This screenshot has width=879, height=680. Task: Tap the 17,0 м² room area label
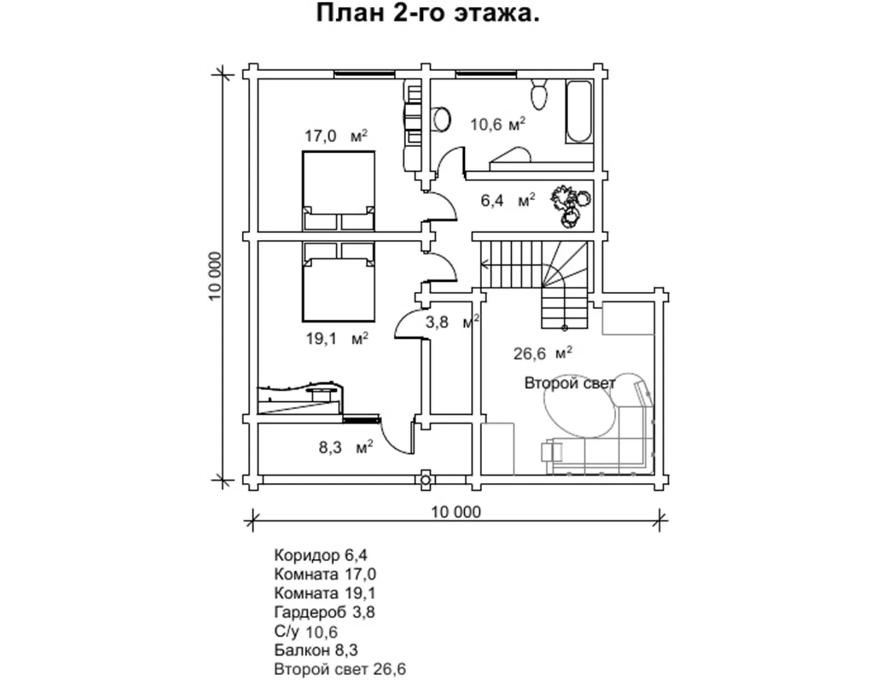(336, 136)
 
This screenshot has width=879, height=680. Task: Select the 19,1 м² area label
(336, 338)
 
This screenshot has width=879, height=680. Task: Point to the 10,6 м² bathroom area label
(498, 124)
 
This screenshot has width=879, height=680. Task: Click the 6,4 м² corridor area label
(507, 200)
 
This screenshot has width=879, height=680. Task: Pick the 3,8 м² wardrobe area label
(452, 321)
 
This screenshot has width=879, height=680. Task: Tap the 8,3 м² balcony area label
(346, 448)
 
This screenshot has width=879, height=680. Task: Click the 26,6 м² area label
(543, 353)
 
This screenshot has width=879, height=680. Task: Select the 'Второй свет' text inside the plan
(569, 383)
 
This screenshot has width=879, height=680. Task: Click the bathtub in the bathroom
(579, 112)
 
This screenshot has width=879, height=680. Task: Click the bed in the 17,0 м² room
(339, 191)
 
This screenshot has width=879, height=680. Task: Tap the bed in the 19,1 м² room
(339, 282)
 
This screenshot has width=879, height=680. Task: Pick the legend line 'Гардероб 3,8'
(325, 612)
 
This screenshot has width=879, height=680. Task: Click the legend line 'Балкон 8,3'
(316, 650)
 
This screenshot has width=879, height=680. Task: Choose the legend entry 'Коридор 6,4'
(321, 555)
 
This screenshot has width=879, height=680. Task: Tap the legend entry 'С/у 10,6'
(306, 631)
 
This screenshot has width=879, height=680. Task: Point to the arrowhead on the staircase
(484, 265)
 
